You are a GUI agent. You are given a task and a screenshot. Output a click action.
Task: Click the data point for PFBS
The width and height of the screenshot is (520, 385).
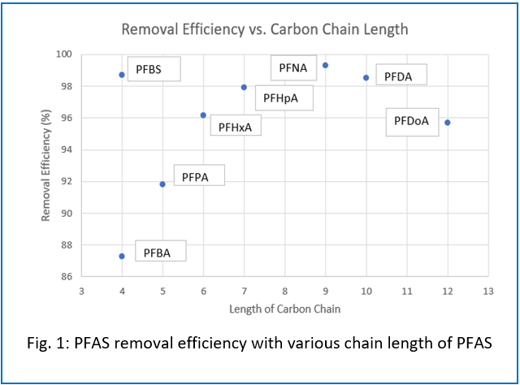122,75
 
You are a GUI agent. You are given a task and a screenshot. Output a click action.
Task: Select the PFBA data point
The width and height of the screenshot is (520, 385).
122,256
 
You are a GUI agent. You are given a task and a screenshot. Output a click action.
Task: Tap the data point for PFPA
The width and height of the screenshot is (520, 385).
162,184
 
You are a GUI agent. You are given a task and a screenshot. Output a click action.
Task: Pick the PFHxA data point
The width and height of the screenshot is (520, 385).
203,115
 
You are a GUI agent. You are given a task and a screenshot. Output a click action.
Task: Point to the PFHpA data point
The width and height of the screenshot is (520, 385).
244,87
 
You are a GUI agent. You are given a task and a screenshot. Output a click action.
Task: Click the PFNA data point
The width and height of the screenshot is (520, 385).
325,65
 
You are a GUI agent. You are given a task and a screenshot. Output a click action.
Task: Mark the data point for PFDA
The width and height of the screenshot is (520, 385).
366,78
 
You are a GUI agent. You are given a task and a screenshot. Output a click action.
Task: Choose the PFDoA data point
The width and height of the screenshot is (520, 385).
447,123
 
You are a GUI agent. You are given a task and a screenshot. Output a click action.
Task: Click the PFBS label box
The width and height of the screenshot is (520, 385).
150,69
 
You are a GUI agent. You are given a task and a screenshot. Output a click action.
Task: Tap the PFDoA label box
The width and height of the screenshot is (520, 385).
412,122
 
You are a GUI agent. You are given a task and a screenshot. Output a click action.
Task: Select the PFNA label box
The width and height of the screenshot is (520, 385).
292,67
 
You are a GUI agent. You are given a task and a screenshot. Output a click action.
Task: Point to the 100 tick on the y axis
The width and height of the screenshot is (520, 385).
63,54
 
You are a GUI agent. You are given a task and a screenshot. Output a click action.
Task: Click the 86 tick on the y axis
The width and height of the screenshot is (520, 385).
66,277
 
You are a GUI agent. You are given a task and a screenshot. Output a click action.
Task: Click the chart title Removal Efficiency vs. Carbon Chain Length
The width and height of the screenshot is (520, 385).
264,29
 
